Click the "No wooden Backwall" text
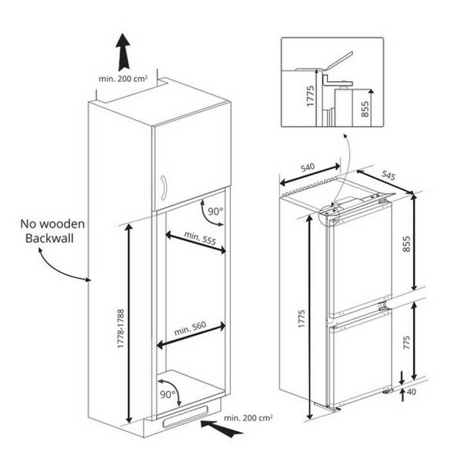(53, 231)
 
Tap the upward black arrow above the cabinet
(123, 52)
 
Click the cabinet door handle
(164, 187)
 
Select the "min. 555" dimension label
(200, 238)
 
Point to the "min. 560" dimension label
(190, 328)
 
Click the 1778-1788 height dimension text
(121, 329)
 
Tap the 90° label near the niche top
(216, 211)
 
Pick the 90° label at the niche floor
(167, 394)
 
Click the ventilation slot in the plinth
(185, 416)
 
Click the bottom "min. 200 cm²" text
(248, 418)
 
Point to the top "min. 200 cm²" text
(123, 79)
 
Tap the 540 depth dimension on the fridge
(307, 167)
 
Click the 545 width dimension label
(388, 175)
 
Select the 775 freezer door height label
(406, 343)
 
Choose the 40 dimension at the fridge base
(411, 391)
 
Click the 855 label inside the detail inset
(364, 108)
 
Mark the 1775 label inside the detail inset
(311, 96)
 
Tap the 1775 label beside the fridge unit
(301, 319)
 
